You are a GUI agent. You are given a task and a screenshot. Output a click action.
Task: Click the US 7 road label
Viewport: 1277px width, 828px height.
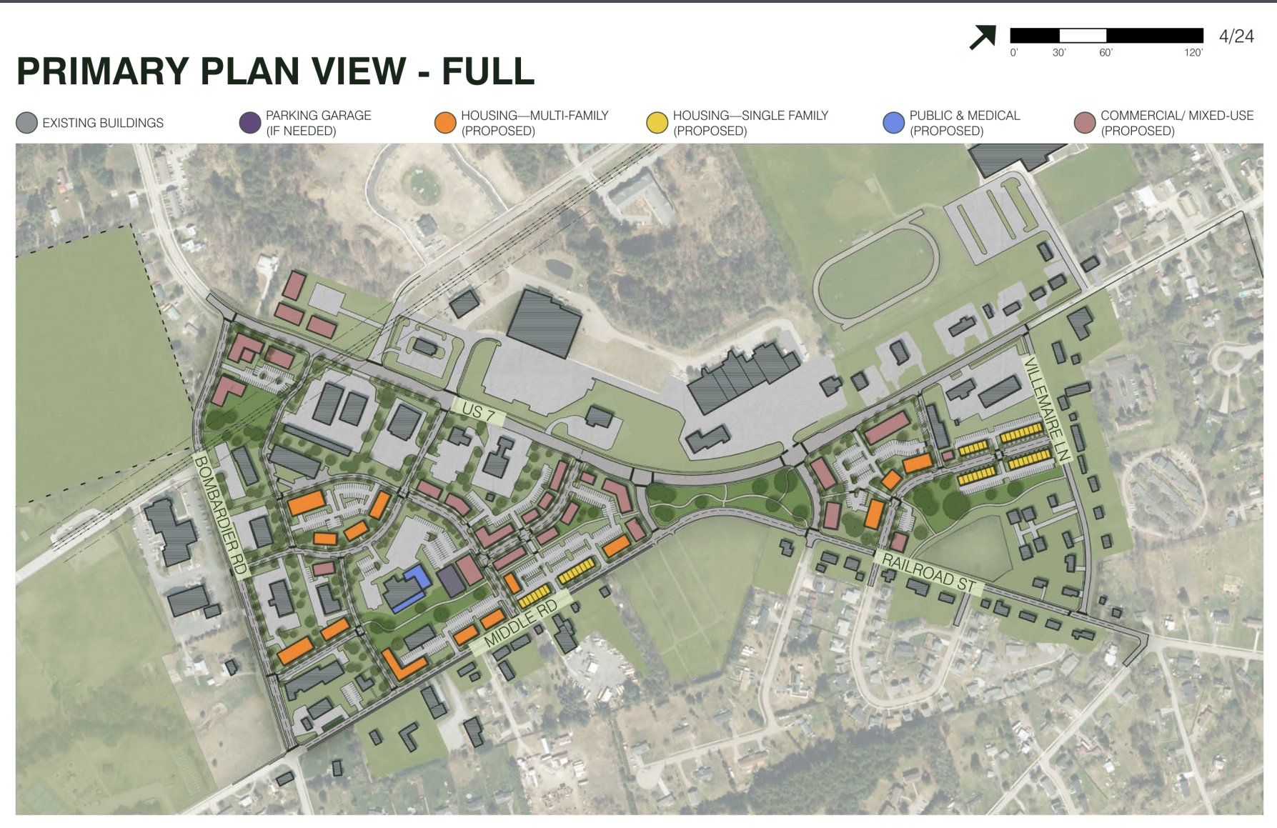(479, 412)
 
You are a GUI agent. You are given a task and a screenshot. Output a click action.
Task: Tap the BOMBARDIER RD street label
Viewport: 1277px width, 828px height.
(221, 514)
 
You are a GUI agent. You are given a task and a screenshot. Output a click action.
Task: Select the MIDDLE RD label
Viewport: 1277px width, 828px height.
(520, 624)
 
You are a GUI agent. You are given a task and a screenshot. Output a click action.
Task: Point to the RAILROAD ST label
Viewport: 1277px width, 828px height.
(928, 572)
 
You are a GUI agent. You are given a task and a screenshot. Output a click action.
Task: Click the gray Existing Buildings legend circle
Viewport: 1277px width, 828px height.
(26, 123)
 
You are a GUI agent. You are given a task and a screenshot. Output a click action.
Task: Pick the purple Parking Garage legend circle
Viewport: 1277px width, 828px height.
(249, 123)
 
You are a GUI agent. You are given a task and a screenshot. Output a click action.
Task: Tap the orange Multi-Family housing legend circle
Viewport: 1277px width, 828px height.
(445, 123)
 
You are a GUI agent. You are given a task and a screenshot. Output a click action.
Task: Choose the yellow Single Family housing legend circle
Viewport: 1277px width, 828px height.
(657, 123)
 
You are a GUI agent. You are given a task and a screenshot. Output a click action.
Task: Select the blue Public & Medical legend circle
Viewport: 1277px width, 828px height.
(893, 123)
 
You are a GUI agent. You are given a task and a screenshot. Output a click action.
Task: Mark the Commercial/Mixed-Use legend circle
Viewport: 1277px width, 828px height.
(1085, 123)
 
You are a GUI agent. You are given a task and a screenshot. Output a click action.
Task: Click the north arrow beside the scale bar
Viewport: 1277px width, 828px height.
(983, 37)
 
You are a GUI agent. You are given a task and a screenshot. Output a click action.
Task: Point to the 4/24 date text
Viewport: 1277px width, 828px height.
(1236, 36)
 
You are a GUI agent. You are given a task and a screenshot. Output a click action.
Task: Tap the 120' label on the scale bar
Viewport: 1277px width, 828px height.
(1193, 53)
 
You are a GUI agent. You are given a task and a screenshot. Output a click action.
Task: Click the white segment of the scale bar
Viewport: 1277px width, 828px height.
(1083, 35)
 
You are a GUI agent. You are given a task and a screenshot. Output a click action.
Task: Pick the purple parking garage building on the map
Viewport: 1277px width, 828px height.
(452, 580)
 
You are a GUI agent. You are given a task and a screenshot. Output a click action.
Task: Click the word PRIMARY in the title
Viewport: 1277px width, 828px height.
(103, 71)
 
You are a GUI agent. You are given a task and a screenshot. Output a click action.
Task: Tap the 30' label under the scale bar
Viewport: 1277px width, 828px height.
(1059, 53)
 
